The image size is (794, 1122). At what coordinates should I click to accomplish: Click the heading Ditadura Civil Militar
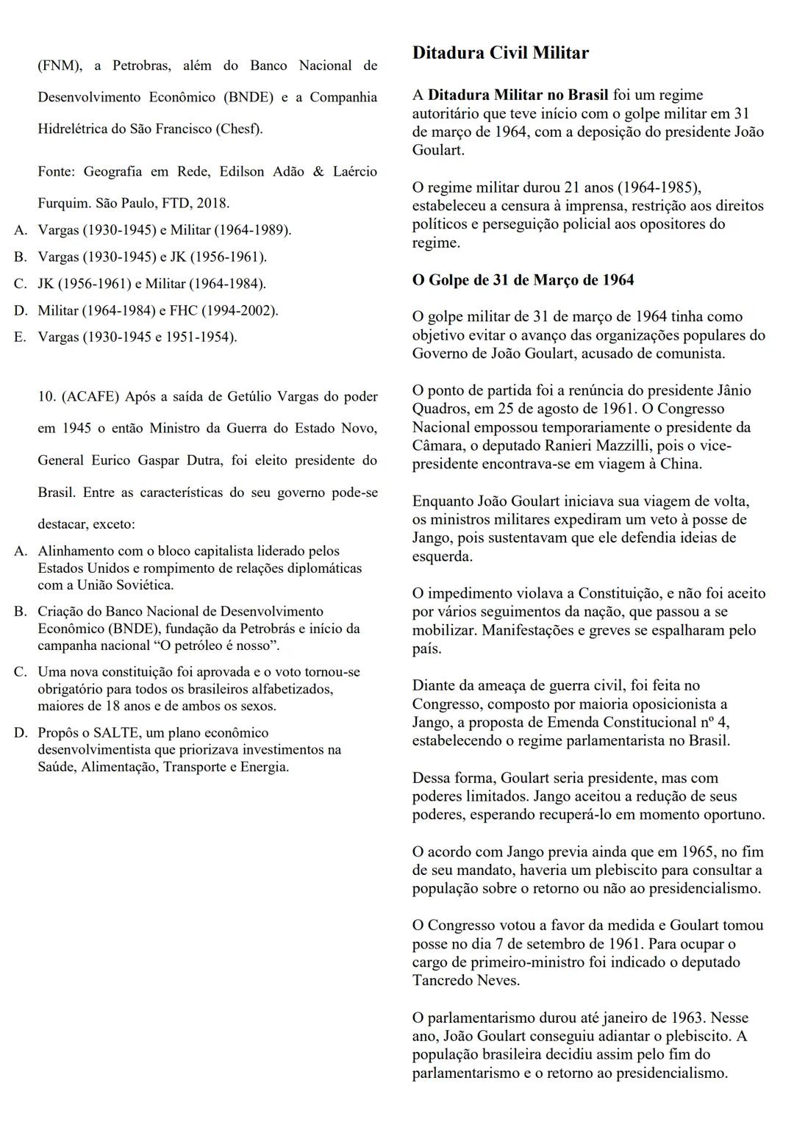coord(500,53)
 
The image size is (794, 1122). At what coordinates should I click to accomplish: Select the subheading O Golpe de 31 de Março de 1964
coord(523,280)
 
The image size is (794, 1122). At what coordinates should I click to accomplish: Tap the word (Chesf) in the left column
coord(240,129)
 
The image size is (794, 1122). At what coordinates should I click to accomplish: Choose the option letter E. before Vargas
coord(21,337)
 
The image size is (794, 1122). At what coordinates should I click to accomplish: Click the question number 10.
coord(47,397)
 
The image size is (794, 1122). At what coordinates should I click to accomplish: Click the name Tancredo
coord(440,981)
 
